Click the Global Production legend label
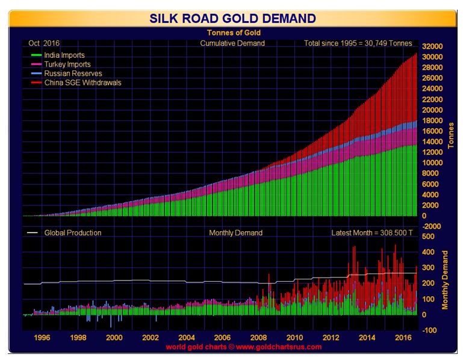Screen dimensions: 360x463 72,232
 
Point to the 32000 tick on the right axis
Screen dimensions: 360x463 433,46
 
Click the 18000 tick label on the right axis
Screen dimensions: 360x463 433,120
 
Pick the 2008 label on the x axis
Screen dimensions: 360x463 258,338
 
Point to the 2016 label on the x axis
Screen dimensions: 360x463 402,338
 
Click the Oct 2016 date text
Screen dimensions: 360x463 40,43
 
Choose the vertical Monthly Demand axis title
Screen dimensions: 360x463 446,280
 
